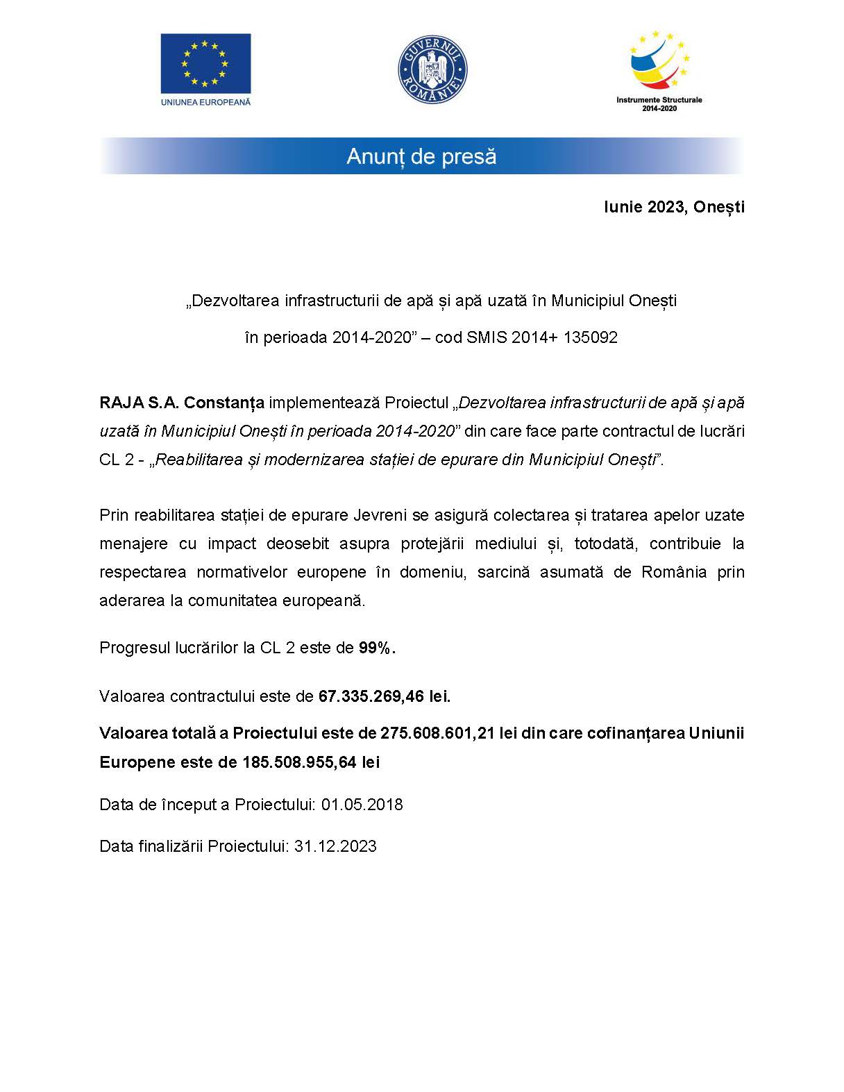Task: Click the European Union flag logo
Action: [x=205, y=63]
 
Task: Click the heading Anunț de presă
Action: [x=421, y=156]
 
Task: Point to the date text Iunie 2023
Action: [x=641, y=207]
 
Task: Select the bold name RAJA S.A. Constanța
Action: [x=182, y=403]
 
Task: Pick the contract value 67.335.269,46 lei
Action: [x=384, y=696]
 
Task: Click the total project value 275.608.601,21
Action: [x=437, y=733]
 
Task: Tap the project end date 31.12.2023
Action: [x=335, y=846]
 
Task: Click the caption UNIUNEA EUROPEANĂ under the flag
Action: [x=205, y=101]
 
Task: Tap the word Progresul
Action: [x=131, y=648]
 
